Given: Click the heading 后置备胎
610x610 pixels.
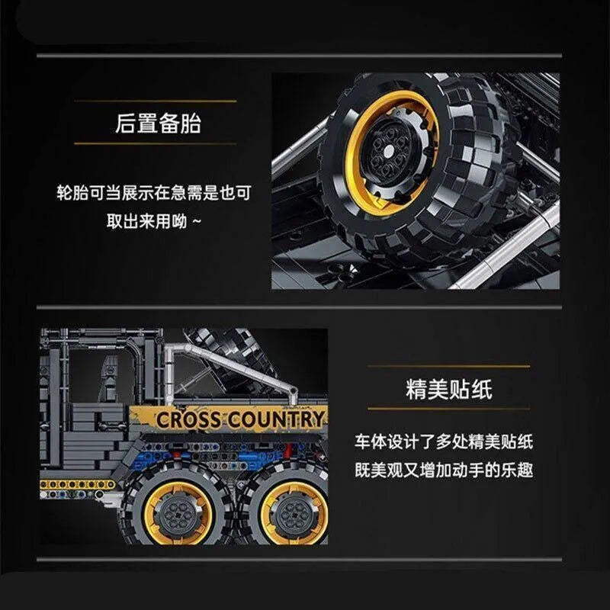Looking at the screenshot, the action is (158, 123).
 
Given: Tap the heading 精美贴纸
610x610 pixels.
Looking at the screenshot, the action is (449, 389).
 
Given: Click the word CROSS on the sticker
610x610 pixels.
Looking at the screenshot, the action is (189, 420).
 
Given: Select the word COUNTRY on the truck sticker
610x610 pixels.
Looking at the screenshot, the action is (276, 419).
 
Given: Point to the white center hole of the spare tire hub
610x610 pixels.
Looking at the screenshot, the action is (388, 150).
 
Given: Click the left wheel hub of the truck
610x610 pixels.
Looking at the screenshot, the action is (178, 512).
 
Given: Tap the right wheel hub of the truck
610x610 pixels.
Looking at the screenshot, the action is (294, 513).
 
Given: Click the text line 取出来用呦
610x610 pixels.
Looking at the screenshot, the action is (154, 221).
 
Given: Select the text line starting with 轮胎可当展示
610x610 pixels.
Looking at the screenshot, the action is (154, 193).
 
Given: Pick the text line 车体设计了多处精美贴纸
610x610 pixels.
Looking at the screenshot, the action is (444, 442).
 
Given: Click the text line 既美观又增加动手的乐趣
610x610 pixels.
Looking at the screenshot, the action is (444, 470).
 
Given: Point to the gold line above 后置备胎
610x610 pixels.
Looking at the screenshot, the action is (156, 101).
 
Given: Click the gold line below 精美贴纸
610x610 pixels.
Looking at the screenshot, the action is (449, 409).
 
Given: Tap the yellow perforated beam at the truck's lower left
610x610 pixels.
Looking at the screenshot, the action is (78, 484).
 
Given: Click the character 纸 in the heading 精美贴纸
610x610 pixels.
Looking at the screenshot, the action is (482, 389).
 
